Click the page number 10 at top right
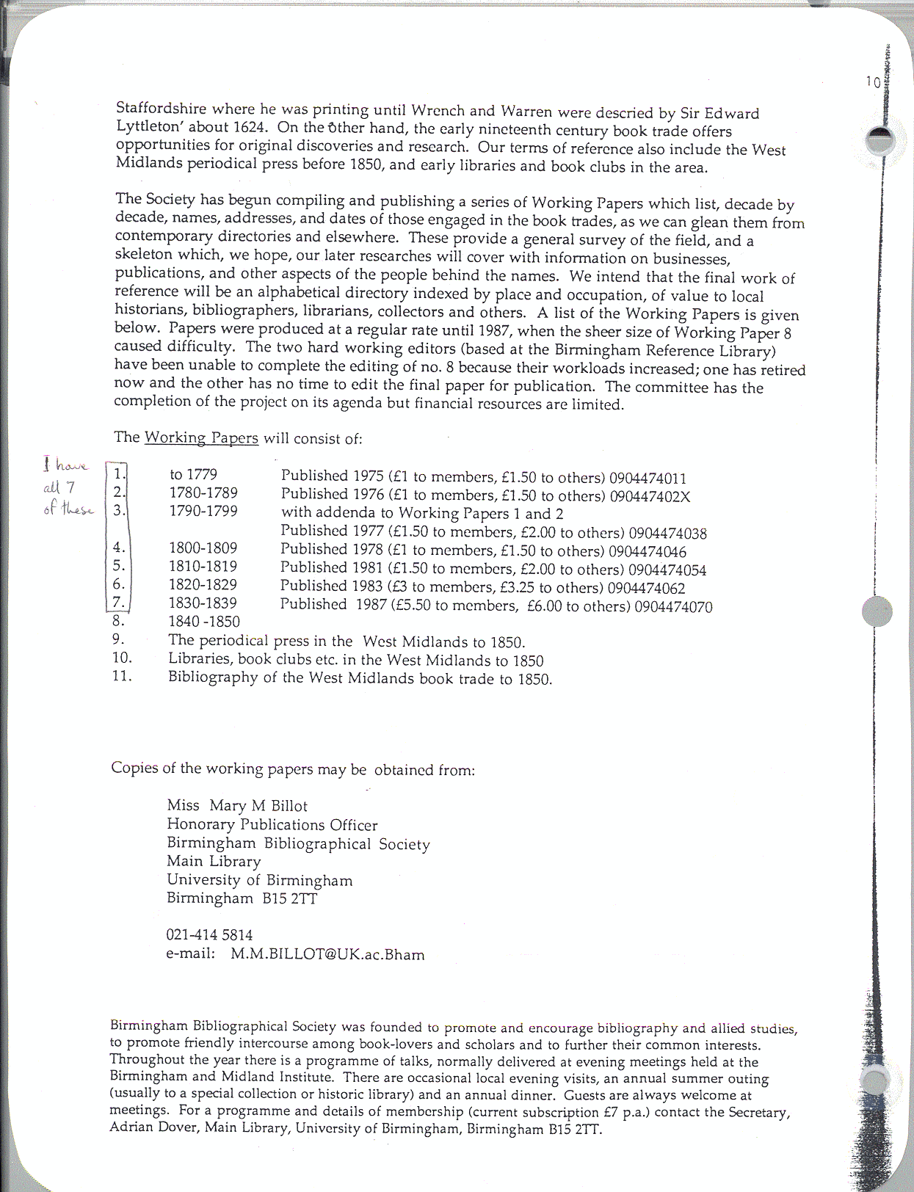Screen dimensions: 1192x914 873,82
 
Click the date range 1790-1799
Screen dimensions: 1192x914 203,511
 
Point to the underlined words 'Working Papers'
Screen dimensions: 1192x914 201,438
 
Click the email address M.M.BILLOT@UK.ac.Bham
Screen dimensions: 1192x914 327,954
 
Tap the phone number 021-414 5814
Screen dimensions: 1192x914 209,935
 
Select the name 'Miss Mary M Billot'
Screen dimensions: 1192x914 237,805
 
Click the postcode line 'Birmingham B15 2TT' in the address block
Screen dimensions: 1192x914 242,898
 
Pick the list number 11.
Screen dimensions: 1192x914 122,676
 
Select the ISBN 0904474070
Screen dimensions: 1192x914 673,606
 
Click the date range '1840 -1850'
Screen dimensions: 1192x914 204,621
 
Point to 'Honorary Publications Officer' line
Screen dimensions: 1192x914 272,824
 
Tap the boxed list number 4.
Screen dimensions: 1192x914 119,548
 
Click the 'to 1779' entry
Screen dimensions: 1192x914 193,475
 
